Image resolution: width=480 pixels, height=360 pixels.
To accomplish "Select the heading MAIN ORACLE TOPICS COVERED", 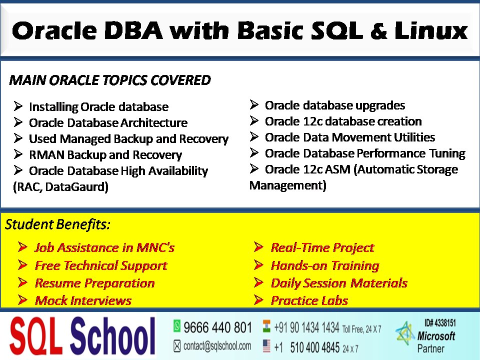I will tap(110, 80).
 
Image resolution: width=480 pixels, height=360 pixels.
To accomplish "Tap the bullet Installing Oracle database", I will tap(98, 107).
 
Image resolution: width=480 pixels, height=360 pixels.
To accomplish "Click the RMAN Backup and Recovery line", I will tap(105, 155).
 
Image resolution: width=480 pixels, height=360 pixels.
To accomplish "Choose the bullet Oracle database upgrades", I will tap(334, 105).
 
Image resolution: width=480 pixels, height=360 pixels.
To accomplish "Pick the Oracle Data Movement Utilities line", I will tap(349, 137).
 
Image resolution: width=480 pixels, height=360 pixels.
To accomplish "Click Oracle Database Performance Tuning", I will tap(364, 153).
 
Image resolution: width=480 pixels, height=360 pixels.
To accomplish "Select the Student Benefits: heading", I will tap(57, 225).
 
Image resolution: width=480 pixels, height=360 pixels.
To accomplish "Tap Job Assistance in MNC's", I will tap(104, 247).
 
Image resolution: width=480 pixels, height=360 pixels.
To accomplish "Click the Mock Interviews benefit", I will tap(83, 300).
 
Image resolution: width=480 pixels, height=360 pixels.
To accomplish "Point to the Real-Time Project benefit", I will tap(322, 247).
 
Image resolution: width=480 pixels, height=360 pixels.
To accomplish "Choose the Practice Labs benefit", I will tap(309, 300).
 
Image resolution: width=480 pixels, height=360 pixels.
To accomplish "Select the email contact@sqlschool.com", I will tap(217, 345).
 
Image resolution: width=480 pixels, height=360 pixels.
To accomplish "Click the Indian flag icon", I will tap(266, 327).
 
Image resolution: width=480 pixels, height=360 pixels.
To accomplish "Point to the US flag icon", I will tap(266, 346).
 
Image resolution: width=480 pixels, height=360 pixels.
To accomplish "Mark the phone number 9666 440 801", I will tap(217, 327).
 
